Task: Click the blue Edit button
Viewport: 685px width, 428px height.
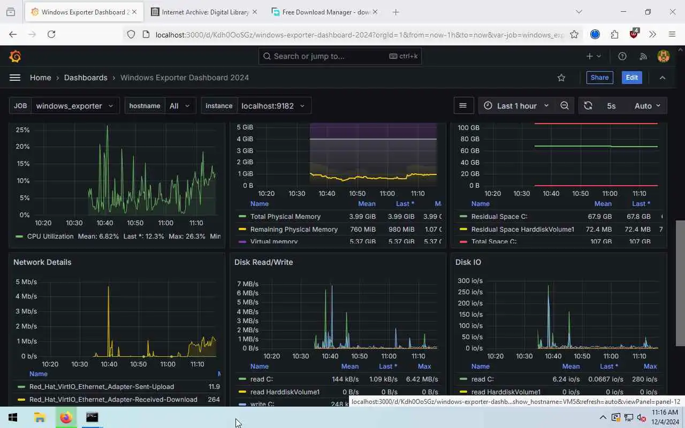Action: click(631, 78)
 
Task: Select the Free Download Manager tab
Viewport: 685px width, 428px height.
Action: click(325, 12)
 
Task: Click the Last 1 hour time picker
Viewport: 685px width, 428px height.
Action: click(517, 106)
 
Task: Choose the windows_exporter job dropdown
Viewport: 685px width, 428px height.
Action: click(74, 106)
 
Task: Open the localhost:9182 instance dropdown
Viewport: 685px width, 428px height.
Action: click(273, 106)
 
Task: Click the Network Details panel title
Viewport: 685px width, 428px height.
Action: click(42, 262)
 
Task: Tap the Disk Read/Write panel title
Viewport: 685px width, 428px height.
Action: click(263, 262)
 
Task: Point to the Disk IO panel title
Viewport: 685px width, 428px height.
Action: click(468, 262)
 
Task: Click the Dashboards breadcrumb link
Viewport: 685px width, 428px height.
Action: click(86, 78)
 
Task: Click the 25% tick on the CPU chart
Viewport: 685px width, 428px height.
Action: click(22, 130)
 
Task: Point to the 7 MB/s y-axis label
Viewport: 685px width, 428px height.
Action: click(247, 284)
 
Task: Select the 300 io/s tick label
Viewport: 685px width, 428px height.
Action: click(470, 281)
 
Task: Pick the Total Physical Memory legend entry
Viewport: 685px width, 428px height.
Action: click(285, 217)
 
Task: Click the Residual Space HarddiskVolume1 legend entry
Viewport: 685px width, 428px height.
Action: click(522, 230)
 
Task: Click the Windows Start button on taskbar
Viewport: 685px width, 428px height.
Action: click(13, 417)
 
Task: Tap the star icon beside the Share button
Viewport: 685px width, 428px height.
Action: click(561, 78)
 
